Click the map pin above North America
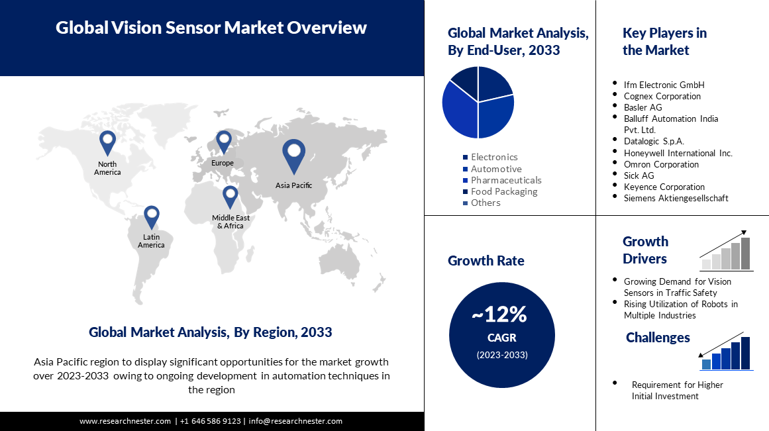[107, 143]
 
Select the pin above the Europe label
[224, 142]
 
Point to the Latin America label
[151, 241]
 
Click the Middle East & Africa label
[231, 222]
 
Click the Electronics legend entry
[490, 157]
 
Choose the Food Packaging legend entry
[500, 192]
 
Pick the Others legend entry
[482, 203]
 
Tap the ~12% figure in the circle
[499, 314]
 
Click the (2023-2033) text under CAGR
[502, 355]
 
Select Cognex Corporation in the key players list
[662, 96]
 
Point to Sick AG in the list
[639, 175]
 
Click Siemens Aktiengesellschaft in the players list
[676, 198]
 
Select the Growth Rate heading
[486, 260]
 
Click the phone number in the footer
[211, 421]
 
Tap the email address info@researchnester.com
[295, 421]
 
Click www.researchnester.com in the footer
[125, 421]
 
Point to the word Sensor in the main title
[193, 27]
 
